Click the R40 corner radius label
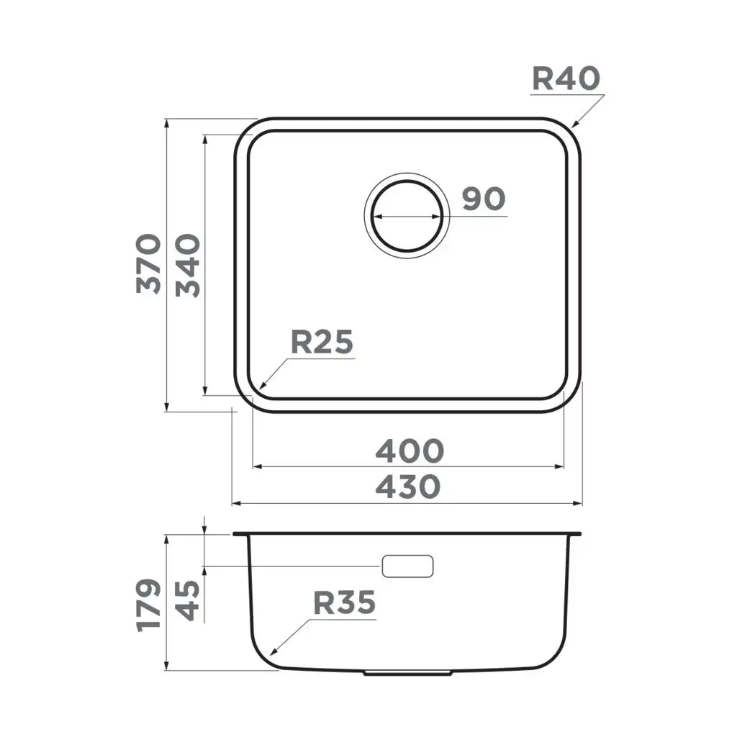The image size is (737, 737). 565,78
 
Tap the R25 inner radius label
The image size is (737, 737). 321,343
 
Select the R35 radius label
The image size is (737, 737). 344,602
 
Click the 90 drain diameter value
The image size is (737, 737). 483,199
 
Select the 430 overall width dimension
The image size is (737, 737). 407,487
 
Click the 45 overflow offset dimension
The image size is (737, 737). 189,600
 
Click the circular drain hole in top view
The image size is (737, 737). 407,214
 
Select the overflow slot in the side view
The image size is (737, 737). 408,566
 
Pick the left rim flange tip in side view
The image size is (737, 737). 236,535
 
